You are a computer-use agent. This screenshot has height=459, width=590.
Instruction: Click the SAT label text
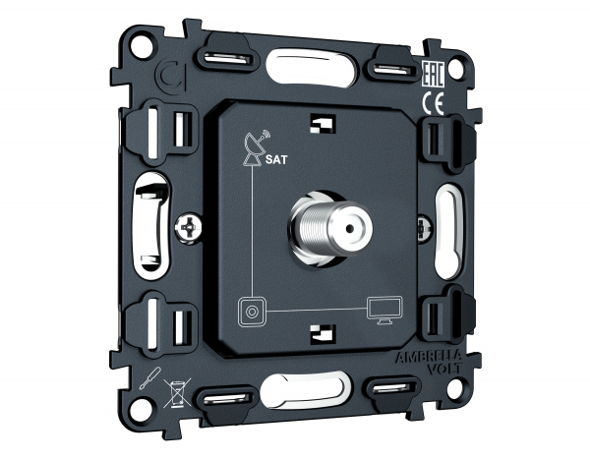click(x=276, y=159)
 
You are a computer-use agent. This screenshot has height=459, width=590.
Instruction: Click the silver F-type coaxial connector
click(x=330, y=228)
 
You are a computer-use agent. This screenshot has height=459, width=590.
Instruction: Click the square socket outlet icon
click(x=252, y=312)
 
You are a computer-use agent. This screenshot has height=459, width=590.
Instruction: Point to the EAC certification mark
click(x=434, y=75)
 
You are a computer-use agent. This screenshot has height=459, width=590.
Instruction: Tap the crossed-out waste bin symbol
click(x=177, y=392)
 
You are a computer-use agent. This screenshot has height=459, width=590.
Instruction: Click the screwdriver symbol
click(x=150, y=378)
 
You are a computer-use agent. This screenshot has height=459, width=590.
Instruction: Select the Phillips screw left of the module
click(x=188, y=228)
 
